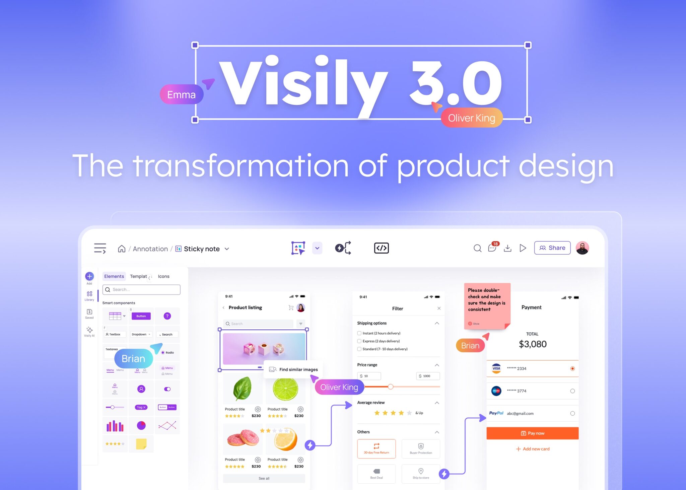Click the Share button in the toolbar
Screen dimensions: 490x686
552,248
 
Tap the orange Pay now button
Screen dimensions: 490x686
532,433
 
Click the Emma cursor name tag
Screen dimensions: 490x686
181,95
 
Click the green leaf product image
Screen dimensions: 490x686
243,389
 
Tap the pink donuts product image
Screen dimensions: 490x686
243,439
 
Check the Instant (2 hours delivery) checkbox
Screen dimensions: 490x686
359,333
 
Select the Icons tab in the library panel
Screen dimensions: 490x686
163,276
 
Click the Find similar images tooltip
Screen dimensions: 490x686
294,369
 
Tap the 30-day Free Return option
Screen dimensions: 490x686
376,448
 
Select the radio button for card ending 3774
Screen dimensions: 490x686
572,391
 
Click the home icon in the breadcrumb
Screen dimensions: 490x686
122,249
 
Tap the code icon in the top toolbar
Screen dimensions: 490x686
381,248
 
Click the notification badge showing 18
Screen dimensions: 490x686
495,244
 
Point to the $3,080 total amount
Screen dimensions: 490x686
532,344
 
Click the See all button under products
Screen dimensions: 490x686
264,478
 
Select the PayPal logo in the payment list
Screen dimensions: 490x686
496,413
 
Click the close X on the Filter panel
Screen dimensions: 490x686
439,308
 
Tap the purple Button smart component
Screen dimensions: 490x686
141,316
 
